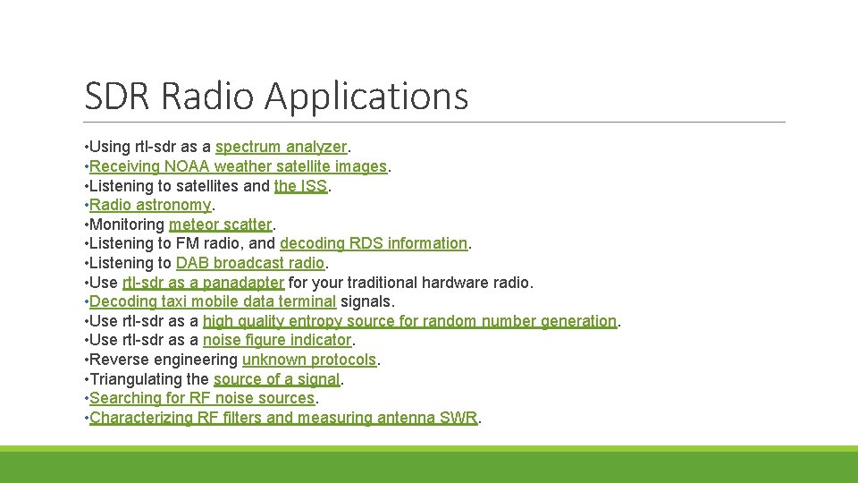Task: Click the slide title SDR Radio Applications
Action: click(276, 96)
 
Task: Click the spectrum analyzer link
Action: click(281, 147)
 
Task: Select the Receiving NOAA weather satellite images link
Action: click(238, 166)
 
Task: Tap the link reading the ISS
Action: click(300, 186)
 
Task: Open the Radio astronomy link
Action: click(149, 205)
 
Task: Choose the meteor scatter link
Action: click(220, 225)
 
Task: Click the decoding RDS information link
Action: click(374, 243)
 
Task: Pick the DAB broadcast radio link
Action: click(250, 263)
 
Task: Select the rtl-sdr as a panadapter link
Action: click(203, 283)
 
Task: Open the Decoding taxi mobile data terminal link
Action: click(213, 301)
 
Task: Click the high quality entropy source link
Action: click(409, 321)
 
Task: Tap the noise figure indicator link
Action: click(277, 340)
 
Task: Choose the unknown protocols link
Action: click(309, 360)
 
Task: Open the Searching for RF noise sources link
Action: click(202, 398)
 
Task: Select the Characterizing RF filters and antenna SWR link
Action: click(283, 418)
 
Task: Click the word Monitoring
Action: click(127, 225)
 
